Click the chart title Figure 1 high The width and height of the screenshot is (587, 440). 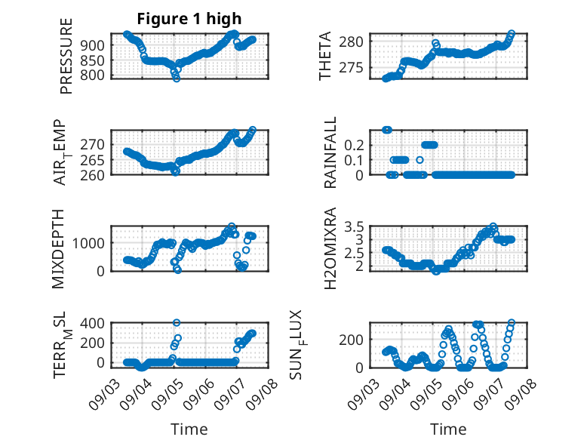[189, 19]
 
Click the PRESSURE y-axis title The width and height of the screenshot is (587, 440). [66, 56]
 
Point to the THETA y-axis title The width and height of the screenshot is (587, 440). [325, 56]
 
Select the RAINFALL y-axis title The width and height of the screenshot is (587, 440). [330, 152]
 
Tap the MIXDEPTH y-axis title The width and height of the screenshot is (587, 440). [58, 249]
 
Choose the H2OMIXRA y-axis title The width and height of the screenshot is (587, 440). [330, 248]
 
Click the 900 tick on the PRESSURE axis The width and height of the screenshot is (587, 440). [93, 45]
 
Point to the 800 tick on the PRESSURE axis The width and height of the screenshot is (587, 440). [93, 75]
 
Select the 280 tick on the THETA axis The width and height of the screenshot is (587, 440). [351, 42]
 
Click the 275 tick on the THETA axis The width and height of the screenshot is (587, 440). [351, 68]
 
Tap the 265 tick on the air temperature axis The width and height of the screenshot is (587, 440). [93, 160]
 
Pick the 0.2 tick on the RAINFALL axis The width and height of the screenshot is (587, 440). [354, 145]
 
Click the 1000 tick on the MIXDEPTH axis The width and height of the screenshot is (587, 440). [88, 243]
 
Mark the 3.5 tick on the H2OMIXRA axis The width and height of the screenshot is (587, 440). [354, 226]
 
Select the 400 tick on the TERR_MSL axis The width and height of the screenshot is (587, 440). [93, 323]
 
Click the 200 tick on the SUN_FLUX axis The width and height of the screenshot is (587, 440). [351, 340]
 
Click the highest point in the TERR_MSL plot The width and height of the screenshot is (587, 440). [177, 323]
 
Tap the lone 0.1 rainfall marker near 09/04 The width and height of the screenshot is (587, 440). [420, 160]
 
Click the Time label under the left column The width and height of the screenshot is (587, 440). [189, 429]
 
